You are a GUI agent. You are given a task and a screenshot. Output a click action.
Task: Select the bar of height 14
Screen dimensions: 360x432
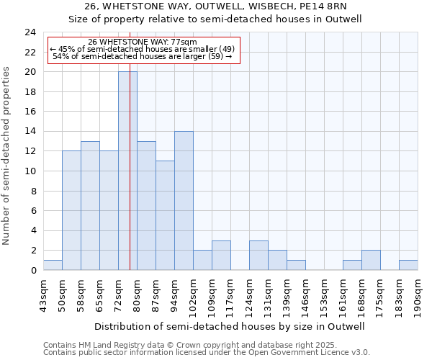point(184,201)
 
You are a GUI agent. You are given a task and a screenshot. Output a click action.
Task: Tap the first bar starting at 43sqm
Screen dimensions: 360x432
point(53,265)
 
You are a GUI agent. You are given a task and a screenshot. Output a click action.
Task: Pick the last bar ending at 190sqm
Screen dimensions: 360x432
point(408,265)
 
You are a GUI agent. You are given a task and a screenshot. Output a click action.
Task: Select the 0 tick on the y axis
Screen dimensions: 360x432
point(33,271)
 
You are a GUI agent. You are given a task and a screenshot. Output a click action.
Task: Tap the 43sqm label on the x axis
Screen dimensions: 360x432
point(44,293)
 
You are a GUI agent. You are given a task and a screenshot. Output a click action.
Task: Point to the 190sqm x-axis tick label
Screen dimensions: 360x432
point(418,294)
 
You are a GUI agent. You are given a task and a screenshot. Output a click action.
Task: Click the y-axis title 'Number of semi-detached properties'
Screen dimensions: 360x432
point(7,156)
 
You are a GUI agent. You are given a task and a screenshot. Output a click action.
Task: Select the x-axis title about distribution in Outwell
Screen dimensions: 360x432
point(230,326)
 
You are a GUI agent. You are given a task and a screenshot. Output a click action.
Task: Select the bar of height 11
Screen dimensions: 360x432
point(165,216)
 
